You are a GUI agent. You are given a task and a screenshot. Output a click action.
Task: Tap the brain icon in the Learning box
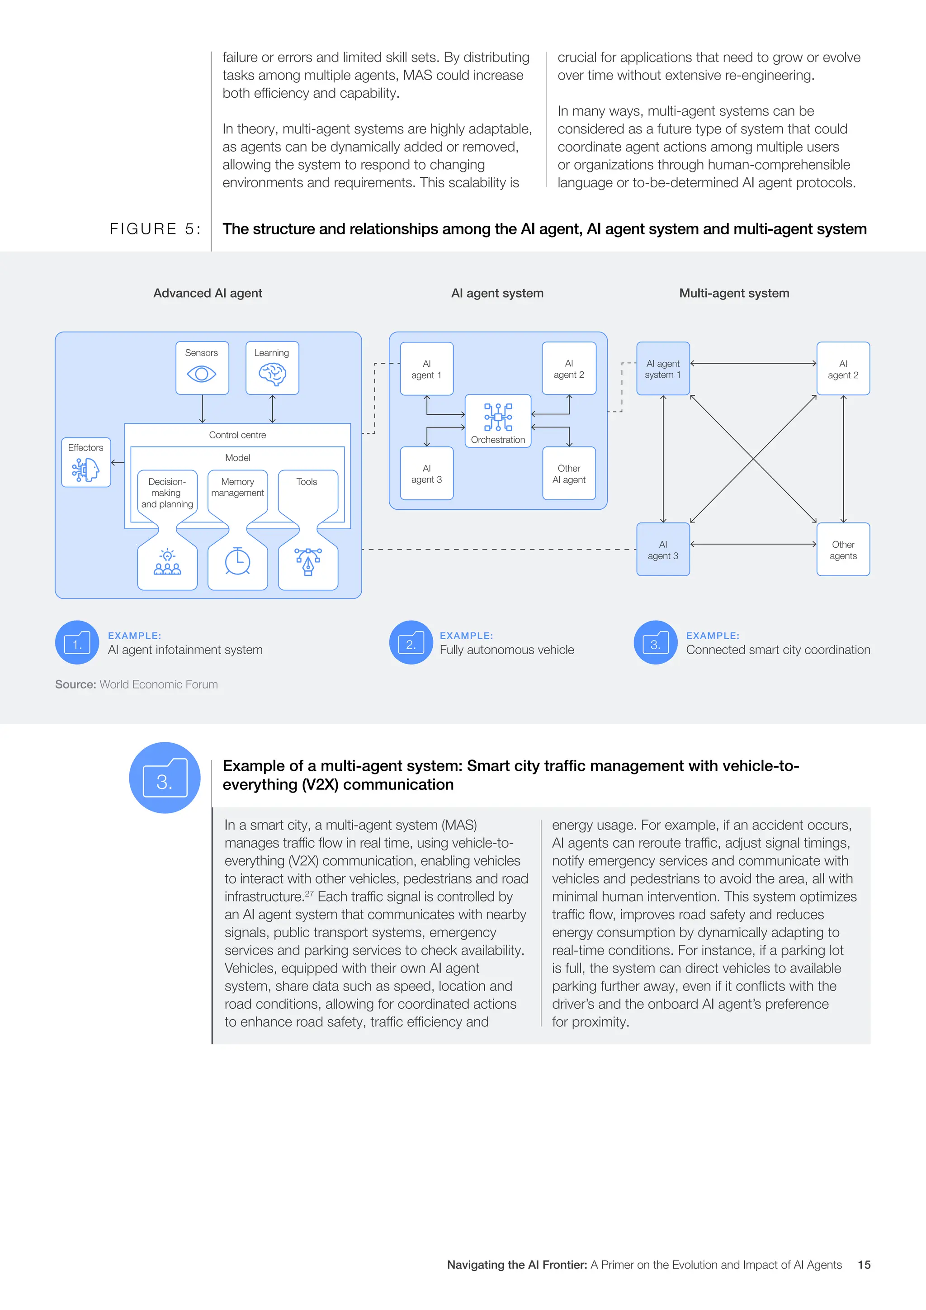272,375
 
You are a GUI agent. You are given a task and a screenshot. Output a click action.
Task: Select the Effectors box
86,462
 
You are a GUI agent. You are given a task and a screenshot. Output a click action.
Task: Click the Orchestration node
498,421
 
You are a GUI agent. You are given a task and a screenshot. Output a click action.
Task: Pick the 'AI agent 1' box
426,369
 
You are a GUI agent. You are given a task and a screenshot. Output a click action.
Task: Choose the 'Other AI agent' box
568,474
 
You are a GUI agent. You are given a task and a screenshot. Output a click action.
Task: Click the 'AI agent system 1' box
662,369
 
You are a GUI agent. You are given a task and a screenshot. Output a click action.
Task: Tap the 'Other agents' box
843,550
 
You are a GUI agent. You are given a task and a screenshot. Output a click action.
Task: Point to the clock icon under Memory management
238,561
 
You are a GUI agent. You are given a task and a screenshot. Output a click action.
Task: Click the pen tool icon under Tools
308,561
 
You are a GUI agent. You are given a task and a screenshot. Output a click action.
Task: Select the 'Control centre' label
237,435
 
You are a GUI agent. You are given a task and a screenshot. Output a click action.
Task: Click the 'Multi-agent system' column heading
734,293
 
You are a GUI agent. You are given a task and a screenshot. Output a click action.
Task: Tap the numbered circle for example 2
411,642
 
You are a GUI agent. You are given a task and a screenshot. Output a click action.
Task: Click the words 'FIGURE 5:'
155,229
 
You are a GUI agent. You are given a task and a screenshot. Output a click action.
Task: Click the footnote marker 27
309,893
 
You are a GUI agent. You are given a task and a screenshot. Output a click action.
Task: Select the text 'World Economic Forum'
159,685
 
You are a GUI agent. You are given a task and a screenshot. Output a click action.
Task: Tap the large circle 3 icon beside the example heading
165,778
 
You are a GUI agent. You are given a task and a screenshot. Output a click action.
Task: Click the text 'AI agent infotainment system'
185,650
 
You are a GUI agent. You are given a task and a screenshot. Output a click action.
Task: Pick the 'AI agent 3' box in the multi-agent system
662,550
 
